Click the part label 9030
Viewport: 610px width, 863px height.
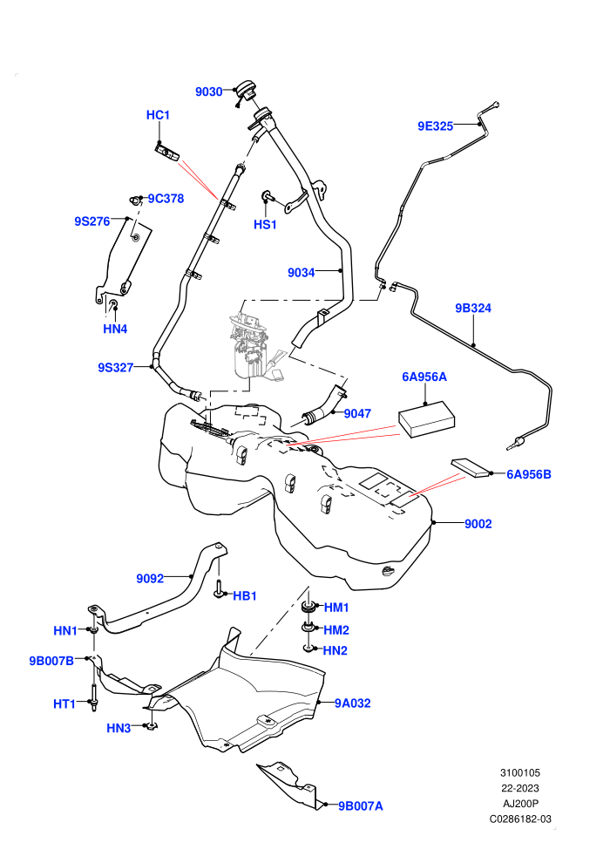pyautogui.click(x=209, y=92)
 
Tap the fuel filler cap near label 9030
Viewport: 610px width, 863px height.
pyautogui.click(x=246, y=92)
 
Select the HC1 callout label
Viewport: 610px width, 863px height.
pyautogui.click(x=158, y=115)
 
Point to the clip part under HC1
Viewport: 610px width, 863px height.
pyautogui.click(x=166, y=153)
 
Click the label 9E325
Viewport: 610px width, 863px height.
pyautogui.click(x=436, y=126)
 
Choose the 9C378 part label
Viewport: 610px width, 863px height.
pyautogui.click(x=166, y=199)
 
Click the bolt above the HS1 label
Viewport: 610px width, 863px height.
pyautogui.click(x=268, y=196)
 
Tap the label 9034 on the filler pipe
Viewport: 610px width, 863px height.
pyautogui.click(x=302, y=273)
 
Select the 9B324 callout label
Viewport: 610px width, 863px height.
pyautogui.click(x=473, y=309)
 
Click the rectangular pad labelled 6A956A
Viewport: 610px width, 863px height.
pyautogui.click(x=427, y=418)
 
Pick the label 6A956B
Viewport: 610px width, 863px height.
pyautogui.click(x=529, y=474)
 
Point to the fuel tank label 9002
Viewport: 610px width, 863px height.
pyautogui.click(x=478, y=524)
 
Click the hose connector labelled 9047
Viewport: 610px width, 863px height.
pyautogui.click(x=324, y=409)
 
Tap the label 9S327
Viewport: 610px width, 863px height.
pyautogui.click(x=116, y=368)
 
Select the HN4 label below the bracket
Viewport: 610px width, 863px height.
pyautogui.click(x=116, y=330)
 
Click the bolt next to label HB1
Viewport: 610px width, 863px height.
pyautogui.click(x=220, y=588)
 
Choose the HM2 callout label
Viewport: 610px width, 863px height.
pyautogui.click(x=336, y=630)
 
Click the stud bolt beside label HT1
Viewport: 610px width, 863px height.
pyautogui.click(x=93, y=697)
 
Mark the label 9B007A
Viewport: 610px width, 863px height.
pyautogui.click(x=360, y=806)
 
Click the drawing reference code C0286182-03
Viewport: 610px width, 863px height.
pyautogui.click(x=520, y=819)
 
